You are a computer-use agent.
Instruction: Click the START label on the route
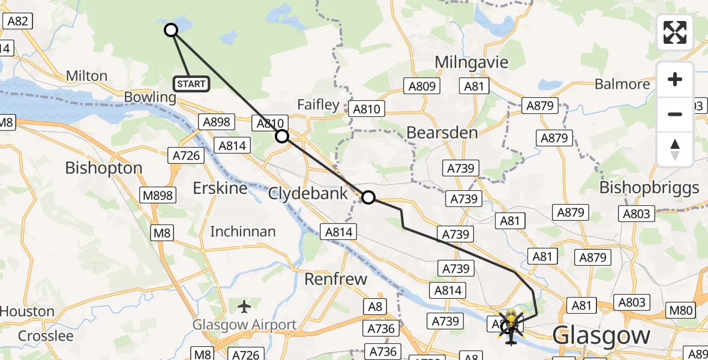click(191, 84)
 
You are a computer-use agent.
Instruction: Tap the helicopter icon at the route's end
click(510, 327)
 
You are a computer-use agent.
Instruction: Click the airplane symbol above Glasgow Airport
click(244, 307)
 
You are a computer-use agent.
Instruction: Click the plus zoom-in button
click(675, 79)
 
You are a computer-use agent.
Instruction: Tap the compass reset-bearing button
click(675, 149)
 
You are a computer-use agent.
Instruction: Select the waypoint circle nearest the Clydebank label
click(368, 197)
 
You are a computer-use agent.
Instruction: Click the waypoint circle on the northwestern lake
click(171, 30)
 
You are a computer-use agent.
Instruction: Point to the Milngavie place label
click(471, 62)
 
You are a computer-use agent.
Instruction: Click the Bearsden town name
click(442, 133)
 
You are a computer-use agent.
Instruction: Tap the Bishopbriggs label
click(650, 188)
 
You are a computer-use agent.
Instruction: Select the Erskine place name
click(220, 188)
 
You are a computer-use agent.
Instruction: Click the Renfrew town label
click(335, 278)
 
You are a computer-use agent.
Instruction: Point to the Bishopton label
click(104, 167)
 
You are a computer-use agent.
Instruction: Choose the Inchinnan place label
click(243, 231)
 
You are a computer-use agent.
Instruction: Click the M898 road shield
click(158, 195)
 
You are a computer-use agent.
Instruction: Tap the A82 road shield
click(17, 21)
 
